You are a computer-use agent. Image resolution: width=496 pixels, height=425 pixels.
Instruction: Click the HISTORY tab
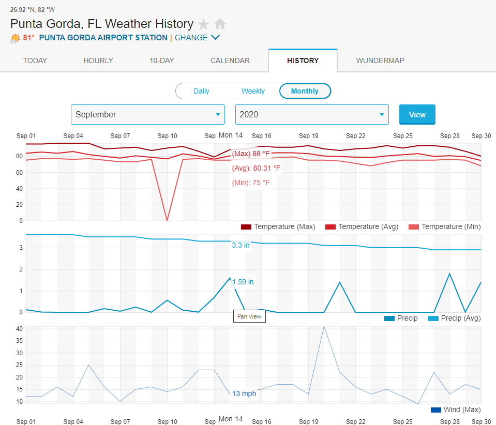(x=303, y=60)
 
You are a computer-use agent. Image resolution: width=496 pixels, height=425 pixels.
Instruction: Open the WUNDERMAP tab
(x=380, y=60)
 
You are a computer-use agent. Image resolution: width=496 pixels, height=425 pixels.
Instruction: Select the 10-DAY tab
(x=162, y=60)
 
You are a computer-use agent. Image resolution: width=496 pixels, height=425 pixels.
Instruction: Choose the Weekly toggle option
(x=253, y=91)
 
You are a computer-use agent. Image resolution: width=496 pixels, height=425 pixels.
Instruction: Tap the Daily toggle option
(x=201, y=91)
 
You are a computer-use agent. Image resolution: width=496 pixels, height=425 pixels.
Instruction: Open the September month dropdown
(x=147, y=114)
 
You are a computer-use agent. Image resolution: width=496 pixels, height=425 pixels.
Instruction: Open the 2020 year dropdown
(x=312, y=114)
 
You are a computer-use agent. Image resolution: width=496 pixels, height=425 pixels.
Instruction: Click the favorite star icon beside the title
(x=204, y=24)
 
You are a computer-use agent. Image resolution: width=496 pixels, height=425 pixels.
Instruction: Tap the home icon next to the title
(x=220, y=24)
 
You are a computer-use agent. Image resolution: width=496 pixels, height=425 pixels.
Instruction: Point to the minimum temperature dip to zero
(x=167, y=220)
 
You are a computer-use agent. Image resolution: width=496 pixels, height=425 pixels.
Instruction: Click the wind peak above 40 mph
(x=324, y=327)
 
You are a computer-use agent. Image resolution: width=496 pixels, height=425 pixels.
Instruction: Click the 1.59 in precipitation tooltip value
(x=243, y=282)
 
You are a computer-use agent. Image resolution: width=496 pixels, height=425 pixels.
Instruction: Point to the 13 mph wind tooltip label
(x=244, y=393)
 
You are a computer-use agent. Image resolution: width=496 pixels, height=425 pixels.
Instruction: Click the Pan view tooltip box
(x=249, y=316)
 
